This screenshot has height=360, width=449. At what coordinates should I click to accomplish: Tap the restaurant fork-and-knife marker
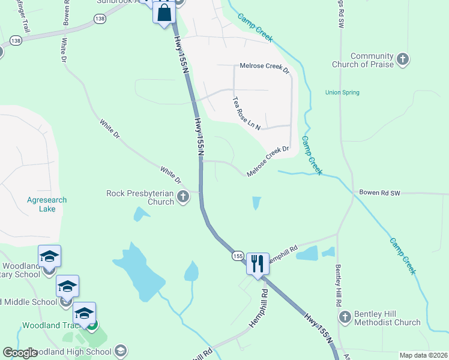coord(258,263)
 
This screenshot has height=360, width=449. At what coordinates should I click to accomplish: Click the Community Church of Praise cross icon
coord(403,59)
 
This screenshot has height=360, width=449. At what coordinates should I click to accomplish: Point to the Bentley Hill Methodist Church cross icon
coord(345,316)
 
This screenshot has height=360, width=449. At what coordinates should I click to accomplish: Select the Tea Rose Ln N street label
coord(246,113)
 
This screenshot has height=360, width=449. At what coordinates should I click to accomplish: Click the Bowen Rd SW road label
coord(379,193)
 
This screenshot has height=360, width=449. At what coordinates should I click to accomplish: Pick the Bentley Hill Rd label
coord(336,281)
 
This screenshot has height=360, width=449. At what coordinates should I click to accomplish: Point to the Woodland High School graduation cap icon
coord(121,350)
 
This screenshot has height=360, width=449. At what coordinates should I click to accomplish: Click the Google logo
coord(20,353)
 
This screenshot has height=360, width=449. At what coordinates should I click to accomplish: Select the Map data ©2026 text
coord(423,355)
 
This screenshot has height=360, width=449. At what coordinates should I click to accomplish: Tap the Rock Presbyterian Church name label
coord(140,197)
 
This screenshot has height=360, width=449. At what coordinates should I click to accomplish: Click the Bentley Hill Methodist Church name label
coord(388,318)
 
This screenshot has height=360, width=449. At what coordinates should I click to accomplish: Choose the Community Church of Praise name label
coord(372,60)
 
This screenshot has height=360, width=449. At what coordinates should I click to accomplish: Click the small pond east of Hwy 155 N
coord(257,203)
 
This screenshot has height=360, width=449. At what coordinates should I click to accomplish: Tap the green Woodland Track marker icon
coord(91,325)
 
